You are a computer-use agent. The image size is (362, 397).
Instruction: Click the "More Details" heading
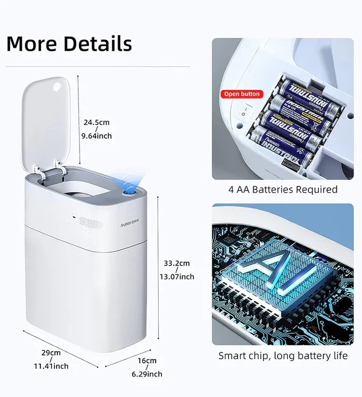tap(69, 43)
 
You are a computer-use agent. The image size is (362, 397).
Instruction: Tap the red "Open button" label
tap(242, 94)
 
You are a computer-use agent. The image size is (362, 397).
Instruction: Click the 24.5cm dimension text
tap(96, 122)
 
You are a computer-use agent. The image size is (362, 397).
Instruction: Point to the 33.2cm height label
tap(177, 263)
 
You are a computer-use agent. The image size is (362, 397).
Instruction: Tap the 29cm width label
tap(51, 353)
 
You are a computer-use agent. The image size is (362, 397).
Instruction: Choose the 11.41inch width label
tap(51, 366)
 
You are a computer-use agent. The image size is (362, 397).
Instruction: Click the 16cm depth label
tap(147, 361)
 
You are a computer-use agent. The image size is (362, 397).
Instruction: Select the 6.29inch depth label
tap(147, 374)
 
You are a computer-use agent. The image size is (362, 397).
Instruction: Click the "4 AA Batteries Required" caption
tap(283, 189)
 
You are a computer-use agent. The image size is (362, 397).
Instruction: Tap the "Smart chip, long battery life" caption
tap(283, 355)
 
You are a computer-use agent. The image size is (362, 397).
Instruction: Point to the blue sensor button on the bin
tap(129, 192)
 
